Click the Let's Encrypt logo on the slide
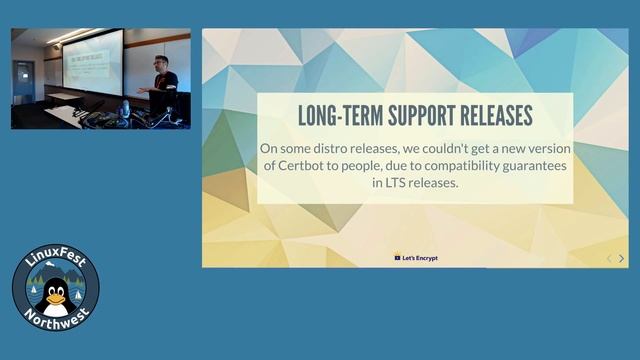[416, 258]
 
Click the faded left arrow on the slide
[608, 258]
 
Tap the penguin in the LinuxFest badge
[56, 297]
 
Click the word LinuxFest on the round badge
[55, 263]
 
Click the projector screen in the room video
[92, 63]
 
